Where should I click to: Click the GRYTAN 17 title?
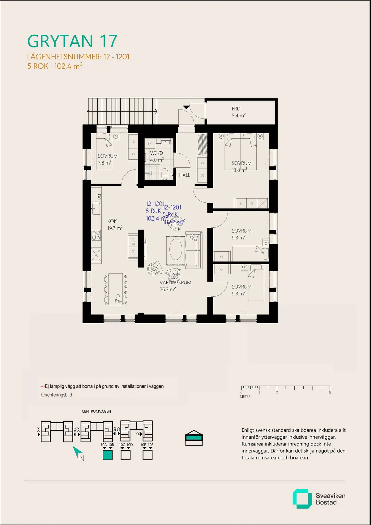[72, 41]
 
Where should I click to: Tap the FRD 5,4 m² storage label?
[238, 112]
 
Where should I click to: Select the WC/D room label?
[156, 156]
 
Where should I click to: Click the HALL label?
[185, 175]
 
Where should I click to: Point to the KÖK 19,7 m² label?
[114, 225]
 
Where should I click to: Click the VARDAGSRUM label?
[175, 282]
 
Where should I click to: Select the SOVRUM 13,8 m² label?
[241, 166]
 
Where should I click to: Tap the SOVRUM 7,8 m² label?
[107, 159]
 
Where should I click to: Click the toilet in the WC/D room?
[165, 174]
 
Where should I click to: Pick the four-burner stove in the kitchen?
[96, 235]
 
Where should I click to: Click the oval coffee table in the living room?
[176, 249]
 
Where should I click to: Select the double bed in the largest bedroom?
[241, 152]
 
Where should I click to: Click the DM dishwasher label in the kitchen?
[100, 196]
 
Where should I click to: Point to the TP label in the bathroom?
[150, 143]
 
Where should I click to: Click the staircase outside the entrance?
[123, 111]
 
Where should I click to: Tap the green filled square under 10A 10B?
[107, 455]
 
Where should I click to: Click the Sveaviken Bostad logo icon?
[302, 498]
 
